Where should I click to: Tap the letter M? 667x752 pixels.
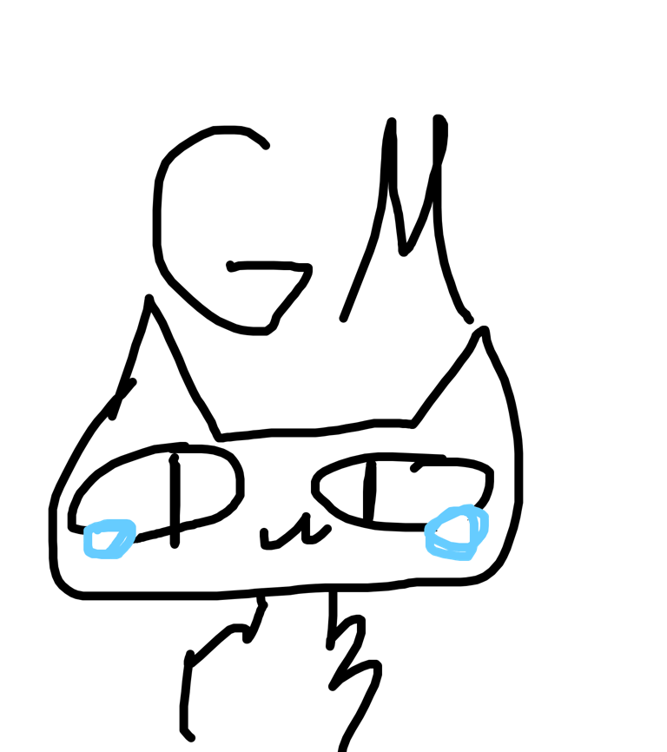[406, 218]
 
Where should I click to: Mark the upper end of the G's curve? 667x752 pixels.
[266, 146]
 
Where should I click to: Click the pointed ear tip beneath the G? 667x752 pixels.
[149, 299]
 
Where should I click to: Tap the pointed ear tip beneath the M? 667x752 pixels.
[484, 330]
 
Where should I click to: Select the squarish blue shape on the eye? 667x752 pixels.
[109, 539]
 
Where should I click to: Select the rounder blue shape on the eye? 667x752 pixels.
[457, 532]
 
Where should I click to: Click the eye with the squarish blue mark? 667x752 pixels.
[155, 496]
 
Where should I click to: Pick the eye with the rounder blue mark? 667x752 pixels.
[402, 491]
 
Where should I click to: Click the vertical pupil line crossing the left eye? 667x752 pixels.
[175, 500]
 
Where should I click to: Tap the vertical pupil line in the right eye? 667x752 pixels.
[369, 491]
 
